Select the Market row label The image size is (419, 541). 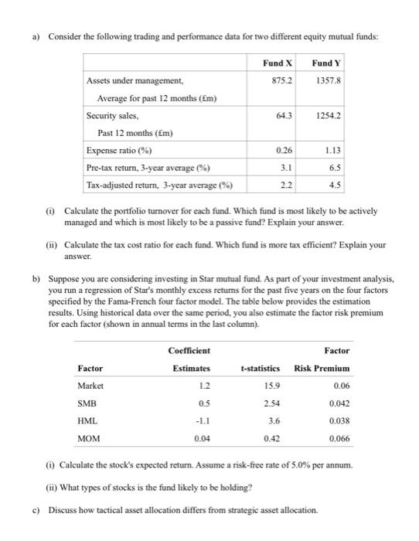pos(90,386)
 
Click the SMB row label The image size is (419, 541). pos(87,403)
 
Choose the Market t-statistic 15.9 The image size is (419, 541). pos(271,386)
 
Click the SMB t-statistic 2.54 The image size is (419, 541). pos(271,403)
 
